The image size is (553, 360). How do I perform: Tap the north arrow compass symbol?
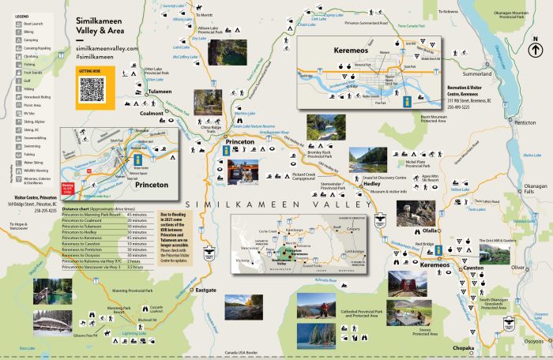click(536, 50)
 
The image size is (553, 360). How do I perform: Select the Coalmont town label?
click(151, 114)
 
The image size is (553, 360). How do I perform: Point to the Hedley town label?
click(371, 183)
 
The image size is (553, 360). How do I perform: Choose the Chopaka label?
click(441, 347)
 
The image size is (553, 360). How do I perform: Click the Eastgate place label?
click(205, 290)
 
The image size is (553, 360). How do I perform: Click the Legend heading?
click(21, 16)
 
